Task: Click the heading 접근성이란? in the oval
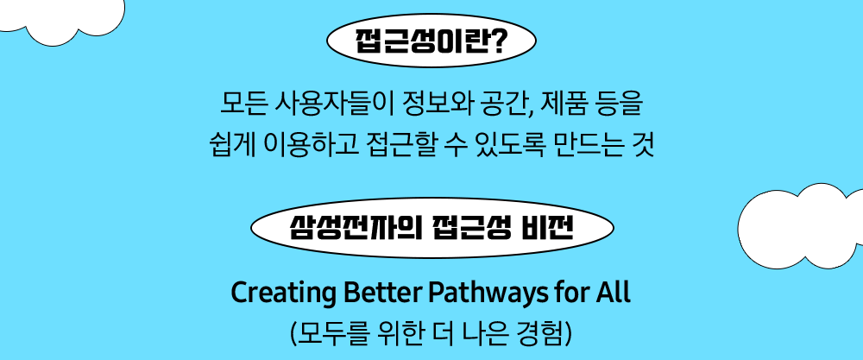coord(431,41)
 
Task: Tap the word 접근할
coord(400,146)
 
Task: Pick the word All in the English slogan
coord(612,294)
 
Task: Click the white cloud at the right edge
coord(800,226)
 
